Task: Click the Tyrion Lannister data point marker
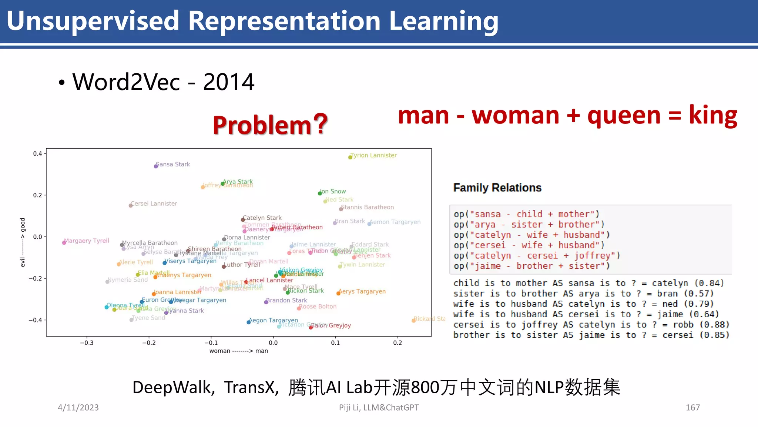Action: coord(350,157)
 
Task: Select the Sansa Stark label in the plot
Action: coord(173,164)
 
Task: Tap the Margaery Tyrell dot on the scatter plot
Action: coord(64,242)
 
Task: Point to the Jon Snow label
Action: coord(333,191)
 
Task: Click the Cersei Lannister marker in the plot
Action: coord(131,205)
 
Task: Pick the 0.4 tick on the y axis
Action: coord(37,153)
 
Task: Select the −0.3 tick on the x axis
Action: coord(87,343)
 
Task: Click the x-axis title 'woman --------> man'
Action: coord(238,351)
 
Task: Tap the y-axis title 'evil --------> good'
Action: coord(23,242)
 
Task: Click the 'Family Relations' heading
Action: coord(497,188)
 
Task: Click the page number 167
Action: coord(692,408)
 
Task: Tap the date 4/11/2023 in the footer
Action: coord(78,408)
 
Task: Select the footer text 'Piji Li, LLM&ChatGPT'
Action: coord(379,408)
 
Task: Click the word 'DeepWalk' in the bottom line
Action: coord(172,388)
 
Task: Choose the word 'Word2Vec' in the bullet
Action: coord(126,82)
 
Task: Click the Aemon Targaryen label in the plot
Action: coord(395,222)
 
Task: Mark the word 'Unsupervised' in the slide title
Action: coord(93,21)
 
